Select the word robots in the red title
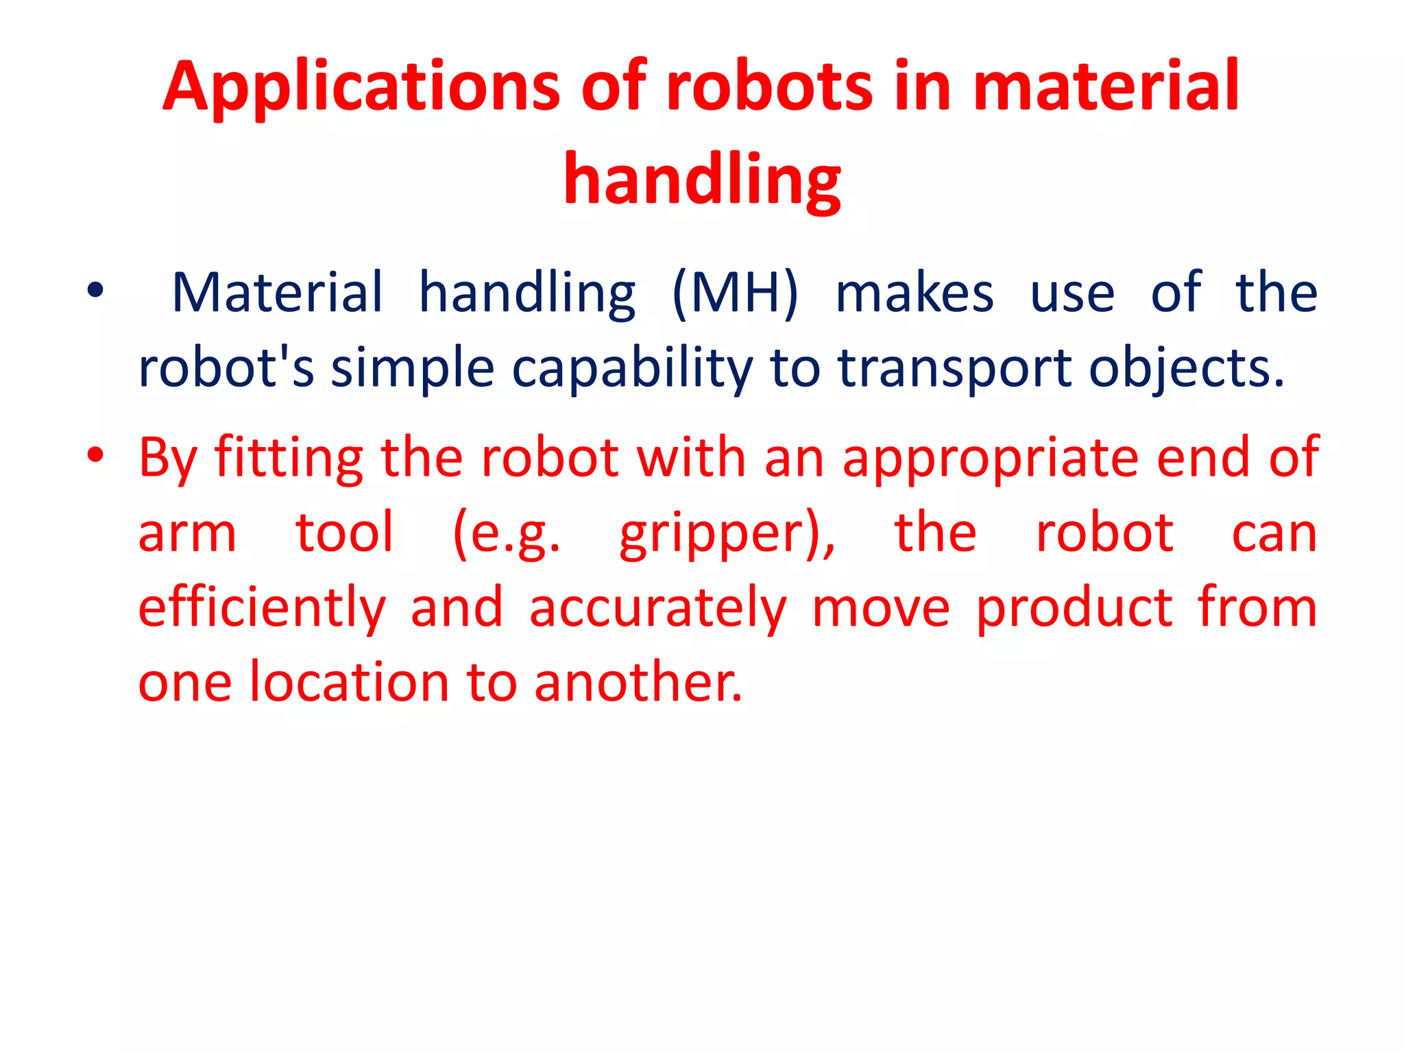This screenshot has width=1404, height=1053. tap(769, 87)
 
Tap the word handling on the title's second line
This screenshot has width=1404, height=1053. tap(702, 180)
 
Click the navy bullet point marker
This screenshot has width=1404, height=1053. tap(95, 291)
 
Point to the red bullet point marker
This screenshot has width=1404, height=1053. tap(95, 455)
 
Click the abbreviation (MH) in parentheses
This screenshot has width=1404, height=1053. tap(735, 293)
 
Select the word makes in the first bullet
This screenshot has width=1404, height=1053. tap(914, 293)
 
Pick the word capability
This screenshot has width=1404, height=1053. tap(632, 369)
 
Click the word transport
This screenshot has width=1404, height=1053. tap(955, 369)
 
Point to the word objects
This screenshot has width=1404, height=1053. tap(1186, 369)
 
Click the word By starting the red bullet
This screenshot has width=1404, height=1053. tap(169, 458)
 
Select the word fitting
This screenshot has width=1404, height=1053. tap(289, 458)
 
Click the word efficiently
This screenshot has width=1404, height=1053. tap(262, 609)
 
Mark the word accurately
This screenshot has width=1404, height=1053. tap(658, 609)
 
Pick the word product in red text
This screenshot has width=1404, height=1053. tap(1074, 609)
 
